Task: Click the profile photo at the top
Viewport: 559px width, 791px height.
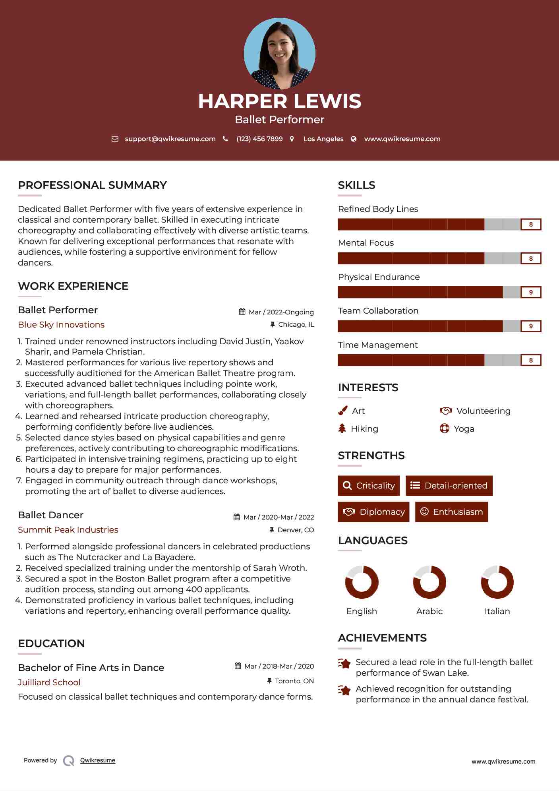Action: [x=279, y=53]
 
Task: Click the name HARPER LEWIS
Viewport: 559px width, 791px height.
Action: [x=279, y=101]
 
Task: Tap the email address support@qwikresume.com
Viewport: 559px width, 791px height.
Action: [x=170, y=139]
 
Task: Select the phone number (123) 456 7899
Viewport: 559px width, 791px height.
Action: [x=259, y=139]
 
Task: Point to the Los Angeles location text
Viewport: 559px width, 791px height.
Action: [x=323, y=139]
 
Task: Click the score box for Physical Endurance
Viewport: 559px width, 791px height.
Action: [x=531, y=293]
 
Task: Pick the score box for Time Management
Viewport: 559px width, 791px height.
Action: [x=531, y=361]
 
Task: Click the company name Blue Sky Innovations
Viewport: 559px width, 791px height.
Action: [x=61, y=325]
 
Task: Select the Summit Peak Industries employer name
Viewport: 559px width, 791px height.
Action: [x=68, y=530]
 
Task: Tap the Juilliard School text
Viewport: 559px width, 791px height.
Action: [x=49, y=682]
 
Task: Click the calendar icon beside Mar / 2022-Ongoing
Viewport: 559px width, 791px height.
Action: [x=242, y=312]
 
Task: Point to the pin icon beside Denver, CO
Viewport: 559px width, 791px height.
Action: [x=272, y=530]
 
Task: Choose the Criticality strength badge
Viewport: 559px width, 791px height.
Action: [x=369, y=486]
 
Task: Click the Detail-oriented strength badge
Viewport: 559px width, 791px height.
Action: [x=449, y=486]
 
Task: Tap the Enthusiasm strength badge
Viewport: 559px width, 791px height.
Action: [x=451, y=512]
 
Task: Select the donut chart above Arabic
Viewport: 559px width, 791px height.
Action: [x=429, y=582]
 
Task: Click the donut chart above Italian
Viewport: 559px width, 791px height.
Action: [x=497, y=582]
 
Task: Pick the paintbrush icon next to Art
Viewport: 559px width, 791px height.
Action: [x=342, y=411]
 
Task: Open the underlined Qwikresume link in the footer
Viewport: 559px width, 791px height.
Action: [x=98, y=760]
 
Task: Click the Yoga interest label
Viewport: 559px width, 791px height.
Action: [x=464, y=429]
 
